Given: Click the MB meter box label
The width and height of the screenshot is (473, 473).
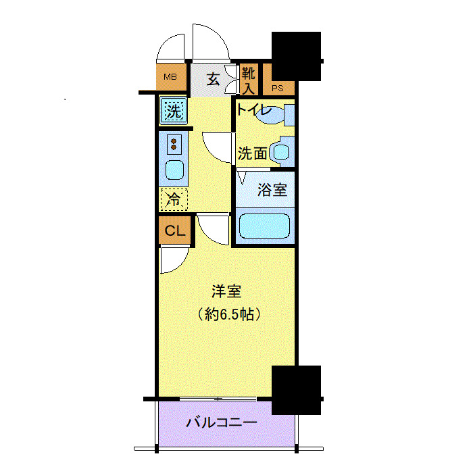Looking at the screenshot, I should tap(170, 77).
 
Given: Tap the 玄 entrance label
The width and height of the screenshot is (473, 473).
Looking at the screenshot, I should tap(213, 79).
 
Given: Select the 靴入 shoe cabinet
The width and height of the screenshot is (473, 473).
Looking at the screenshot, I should tap(249, 79).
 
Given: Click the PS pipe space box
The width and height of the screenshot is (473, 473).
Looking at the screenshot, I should tap(278, 87).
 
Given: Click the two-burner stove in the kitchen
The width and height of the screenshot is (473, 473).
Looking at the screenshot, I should tap(174, 144).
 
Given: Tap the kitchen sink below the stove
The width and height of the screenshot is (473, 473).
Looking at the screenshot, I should tap(174, 170).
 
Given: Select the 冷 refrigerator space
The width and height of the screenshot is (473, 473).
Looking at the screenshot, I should tap(174, 199).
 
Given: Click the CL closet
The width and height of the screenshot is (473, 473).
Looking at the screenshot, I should tap(175, 230).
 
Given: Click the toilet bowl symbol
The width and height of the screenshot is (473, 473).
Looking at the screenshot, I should tap(274, 115).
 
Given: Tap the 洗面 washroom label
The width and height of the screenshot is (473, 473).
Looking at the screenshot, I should tap(252, 153).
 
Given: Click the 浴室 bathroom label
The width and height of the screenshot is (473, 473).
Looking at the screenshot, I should tap(272, 190).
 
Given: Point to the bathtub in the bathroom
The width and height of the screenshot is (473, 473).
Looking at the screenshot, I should tap(264, 226).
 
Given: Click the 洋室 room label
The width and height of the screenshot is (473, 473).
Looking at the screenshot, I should tap(226, 292).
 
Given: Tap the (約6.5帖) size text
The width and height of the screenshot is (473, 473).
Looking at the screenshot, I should tap(228, 314).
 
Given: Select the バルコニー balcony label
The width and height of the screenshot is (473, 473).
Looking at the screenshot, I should tap(222, 424).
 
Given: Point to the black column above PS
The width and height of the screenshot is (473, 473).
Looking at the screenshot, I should tap(296, 55).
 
